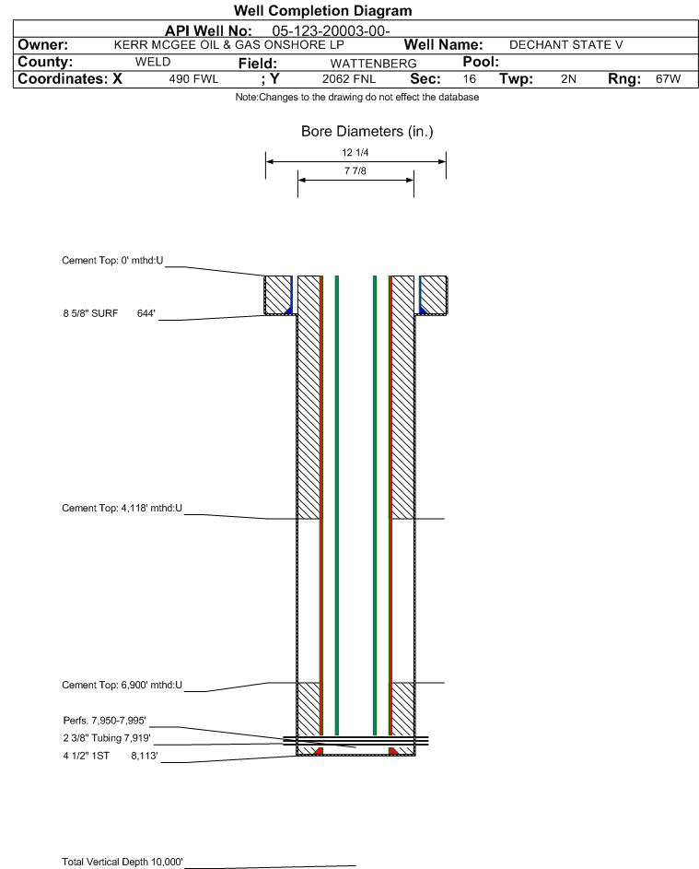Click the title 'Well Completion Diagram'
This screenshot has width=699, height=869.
[323, 10]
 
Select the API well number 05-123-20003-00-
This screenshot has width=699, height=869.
[331, 31]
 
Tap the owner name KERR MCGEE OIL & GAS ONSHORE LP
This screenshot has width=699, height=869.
[228, 45]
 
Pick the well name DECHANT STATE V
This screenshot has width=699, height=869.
[566, 45]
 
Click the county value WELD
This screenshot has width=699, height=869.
[153, 62]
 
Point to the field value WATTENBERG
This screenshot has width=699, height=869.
[373, 64]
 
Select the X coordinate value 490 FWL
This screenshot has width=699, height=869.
[193, 78]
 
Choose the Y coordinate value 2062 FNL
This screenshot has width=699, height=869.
[349, 78]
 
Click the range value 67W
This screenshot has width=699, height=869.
[668, 78]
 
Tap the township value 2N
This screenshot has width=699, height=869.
[568, 78]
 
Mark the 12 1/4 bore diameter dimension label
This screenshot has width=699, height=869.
[355, 152]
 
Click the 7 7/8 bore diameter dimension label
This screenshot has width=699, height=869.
[355, 170]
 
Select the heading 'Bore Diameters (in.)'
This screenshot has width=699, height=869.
[367, 132]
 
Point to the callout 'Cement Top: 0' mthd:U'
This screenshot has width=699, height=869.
[112, 260]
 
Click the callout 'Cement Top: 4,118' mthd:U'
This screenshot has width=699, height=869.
[122, 508]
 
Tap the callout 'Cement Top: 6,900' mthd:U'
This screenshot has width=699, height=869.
[122, 685]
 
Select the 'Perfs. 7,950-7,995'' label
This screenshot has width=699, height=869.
[105, 720]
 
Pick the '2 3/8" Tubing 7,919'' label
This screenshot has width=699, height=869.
[107, 737]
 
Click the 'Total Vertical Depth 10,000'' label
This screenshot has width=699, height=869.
[122, 862]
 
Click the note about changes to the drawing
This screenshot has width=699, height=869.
[357, 97]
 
